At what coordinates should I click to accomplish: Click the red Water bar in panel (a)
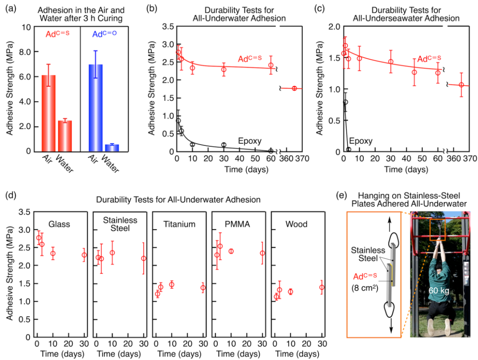[x=65, y=136]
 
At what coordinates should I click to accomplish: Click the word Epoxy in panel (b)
[x=249, y=142]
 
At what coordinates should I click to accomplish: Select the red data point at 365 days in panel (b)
[x=294, y=88]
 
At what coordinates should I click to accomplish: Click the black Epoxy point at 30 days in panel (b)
[x=224, y=145]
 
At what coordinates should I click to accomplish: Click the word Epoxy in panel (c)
[x=361, y=142]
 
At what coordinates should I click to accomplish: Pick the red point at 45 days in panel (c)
[x=414, y=72]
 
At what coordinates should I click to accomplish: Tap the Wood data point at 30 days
[x=322, y=287]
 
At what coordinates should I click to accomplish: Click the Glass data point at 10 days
[x=53, y=254]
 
